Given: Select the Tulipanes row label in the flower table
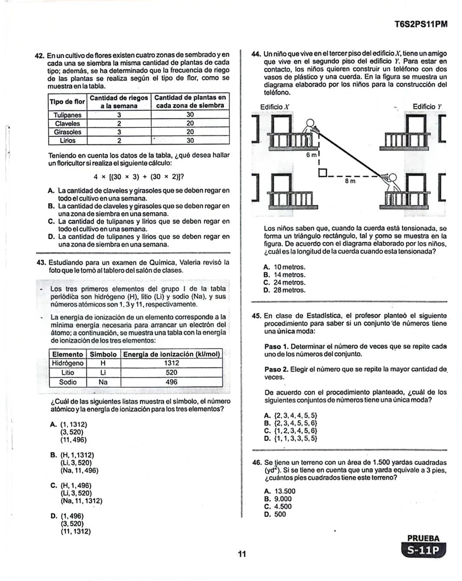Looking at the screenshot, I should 68,115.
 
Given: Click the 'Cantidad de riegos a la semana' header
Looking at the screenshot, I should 118,102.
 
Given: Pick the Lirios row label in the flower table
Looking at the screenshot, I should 68,140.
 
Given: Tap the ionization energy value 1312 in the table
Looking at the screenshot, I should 172,363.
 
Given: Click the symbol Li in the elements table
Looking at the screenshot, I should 103,372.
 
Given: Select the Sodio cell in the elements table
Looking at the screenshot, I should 68,382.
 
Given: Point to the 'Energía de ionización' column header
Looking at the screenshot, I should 172,354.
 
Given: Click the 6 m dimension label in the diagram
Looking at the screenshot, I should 311,155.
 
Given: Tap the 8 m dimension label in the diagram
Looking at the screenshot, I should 350,181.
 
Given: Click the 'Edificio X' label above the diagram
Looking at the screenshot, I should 275,107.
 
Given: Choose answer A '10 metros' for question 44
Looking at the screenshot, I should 284,267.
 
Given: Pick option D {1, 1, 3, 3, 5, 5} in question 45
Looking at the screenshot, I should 290,438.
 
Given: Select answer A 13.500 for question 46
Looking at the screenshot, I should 280,491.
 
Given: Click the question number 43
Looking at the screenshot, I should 41,262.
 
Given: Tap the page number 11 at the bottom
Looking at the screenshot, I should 242,554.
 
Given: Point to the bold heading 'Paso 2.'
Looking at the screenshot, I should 276,369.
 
